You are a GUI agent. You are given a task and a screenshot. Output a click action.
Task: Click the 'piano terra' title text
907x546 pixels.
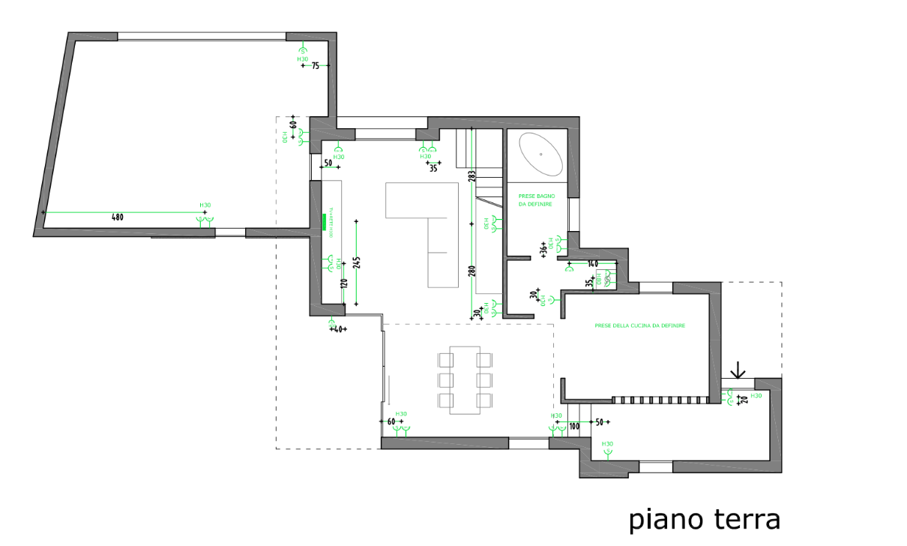coord(705,519)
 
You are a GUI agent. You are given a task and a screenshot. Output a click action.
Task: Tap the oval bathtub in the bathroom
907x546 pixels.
coord(540,153)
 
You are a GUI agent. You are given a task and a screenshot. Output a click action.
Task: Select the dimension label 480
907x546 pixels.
coord(117,217)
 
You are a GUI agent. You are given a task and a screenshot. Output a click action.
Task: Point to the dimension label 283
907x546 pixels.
coord(471,176)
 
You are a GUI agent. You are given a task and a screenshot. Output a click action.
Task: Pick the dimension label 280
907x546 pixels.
coord(471,271)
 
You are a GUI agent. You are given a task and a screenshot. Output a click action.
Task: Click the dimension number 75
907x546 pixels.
coord(316,66)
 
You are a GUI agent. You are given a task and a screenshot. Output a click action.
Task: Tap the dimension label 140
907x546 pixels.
coord(593,264)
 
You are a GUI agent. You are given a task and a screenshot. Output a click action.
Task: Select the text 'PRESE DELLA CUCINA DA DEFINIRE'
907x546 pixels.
coord(639,325)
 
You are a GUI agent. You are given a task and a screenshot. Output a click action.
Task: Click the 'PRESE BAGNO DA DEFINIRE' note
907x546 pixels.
coord(537,199)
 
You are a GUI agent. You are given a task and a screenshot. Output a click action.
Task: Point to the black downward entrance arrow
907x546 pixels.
coord(738,370)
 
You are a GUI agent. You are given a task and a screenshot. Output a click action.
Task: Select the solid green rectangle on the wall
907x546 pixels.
coord(324,222)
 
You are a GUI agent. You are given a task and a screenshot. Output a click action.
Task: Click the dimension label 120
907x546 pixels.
coord(343,284)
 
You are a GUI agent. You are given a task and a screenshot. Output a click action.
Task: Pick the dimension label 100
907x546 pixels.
coord(574,427)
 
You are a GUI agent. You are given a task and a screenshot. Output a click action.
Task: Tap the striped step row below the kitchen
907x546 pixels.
coord(660,400)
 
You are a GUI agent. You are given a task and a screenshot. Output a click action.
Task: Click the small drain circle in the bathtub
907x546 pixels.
coord(540,153)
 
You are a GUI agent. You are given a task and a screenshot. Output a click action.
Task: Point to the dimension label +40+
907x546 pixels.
coord(337,329)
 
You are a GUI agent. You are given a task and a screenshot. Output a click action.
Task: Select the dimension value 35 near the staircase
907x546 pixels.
coord(433,169)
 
